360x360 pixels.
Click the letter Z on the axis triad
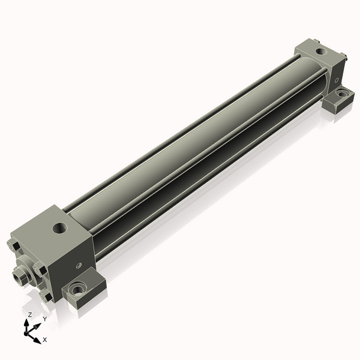tap(29, 314)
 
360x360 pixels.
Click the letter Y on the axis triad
tap(45, 319)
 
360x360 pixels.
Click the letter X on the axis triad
tap(45, 340)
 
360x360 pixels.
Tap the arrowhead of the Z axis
tap(26, 323)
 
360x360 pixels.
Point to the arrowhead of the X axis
tap(37, 340)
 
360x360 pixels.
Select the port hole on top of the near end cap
tap(60, 227)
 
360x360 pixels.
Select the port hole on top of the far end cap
tap(321, 51)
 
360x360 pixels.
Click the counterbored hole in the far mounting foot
tap(342, 94)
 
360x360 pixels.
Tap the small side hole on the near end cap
tap(79, 266)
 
